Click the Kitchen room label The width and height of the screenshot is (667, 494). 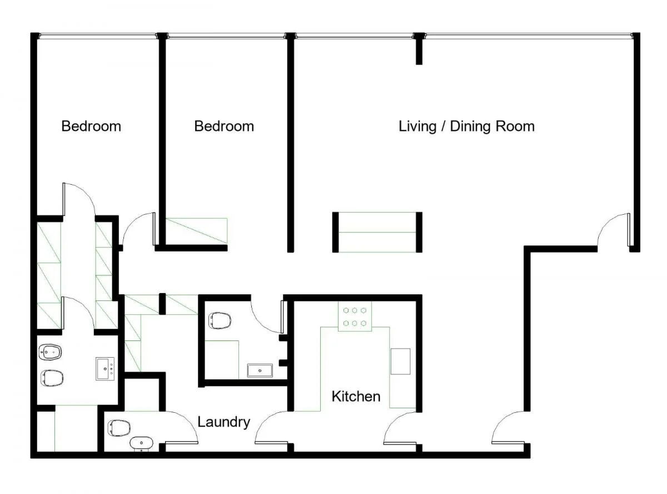tap(356, 397)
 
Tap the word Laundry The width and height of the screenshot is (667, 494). tap(224, 422)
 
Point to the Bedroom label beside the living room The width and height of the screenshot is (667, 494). tap(224, 126)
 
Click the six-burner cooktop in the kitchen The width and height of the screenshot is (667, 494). tap(355, 317)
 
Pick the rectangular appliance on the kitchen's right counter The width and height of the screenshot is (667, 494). tap(400, 361)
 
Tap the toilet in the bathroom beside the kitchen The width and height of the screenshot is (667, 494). tap(220, 320)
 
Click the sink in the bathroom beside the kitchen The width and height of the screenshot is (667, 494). tap(260, 370)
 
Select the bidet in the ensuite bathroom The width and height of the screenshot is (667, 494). tap(50, 352)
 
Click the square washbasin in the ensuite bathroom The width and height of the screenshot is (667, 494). tap(105, 368)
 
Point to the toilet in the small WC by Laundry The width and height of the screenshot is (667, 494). tap(120, 428)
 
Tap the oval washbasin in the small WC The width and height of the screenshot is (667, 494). tap(141, 443)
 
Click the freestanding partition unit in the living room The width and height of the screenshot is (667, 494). tap(377, 232)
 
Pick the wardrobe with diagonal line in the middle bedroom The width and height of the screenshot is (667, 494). tap(196, 231)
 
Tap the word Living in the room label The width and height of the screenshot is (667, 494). tap(417, 126)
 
